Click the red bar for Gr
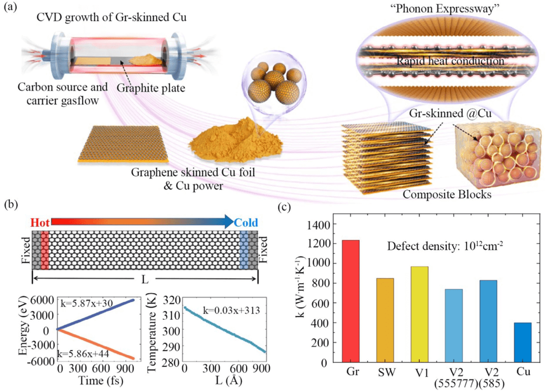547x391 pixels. (350, 301)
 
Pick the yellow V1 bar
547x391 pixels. (419, 314)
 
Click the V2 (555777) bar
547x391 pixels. (453, 326)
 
